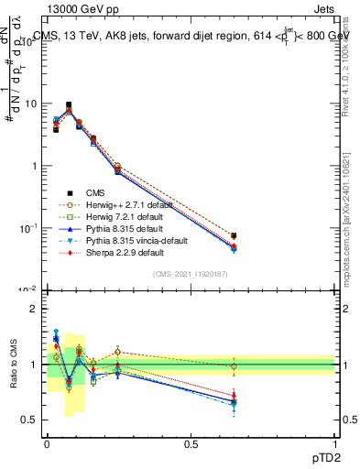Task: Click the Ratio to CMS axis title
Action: pos(12,366)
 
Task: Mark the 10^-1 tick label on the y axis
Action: pos(28,227)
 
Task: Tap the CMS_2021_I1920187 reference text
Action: pos(191,276)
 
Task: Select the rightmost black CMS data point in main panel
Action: pos(234,236)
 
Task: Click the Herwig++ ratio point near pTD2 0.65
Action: pos(234,366)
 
